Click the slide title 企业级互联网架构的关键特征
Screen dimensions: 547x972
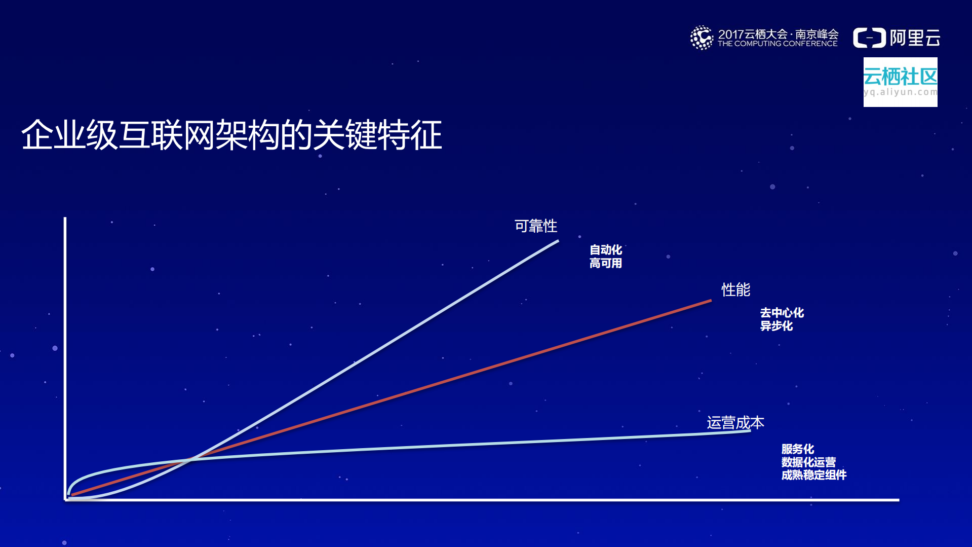coord(231,135)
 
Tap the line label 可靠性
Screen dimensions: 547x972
coord(535,226)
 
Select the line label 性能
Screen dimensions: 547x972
coord(735,290)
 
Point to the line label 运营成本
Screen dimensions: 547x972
coord(735,422)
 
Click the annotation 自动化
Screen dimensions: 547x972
coord(605,250)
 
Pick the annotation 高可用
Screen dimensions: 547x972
coord(605,263)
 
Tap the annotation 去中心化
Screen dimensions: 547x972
coord(782,313)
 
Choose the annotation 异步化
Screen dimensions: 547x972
coord(776,326)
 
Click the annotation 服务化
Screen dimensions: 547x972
coord(797,449)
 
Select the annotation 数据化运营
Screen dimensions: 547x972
coord(808,462)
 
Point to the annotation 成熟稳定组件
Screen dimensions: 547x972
coord(813,475)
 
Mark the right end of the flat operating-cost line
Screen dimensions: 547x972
coord(749,431)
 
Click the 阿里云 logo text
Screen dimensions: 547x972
coord(915,38)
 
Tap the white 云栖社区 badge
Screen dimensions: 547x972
coord(900,82)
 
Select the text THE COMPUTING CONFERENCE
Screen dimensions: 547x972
coord(777,44)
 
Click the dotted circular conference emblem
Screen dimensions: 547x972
coord(702,38)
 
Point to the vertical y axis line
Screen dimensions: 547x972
coord(65,355)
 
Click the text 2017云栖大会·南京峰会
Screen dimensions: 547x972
coord(778,34)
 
